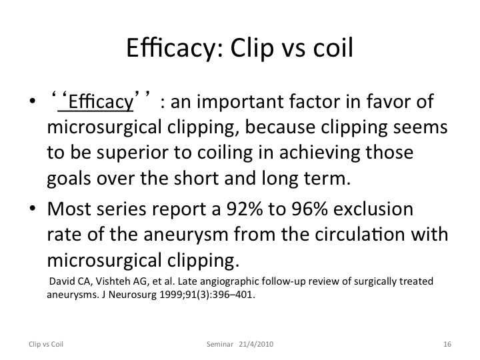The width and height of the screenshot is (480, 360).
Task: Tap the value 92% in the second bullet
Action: [x=244, y=209]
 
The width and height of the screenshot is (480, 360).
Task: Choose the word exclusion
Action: [x=373, y=209]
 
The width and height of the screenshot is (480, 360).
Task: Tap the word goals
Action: [x=69, y=179]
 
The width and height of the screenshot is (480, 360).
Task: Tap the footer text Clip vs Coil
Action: [x=46, y=344]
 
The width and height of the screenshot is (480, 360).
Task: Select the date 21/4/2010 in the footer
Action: [x=256, y=344]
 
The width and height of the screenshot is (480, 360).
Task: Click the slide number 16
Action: [x=447, y=344]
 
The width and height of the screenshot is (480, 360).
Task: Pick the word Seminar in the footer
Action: [x=220, y=344]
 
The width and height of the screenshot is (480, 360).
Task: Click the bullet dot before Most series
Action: [x=33, y=209]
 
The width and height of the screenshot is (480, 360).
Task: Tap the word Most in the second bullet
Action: [x=69, y=209]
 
